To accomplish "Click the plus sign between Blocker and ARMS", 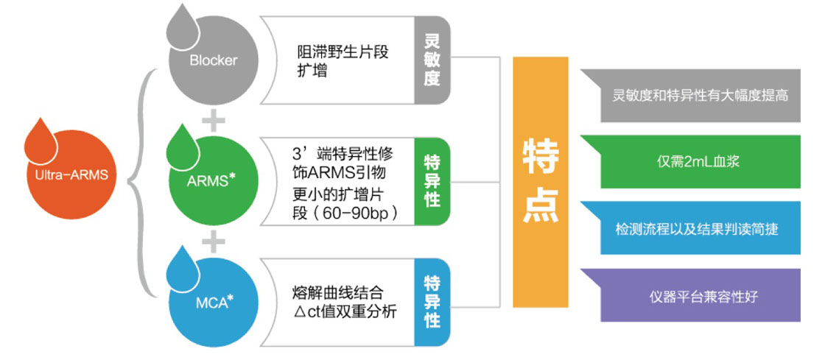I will (213, 120).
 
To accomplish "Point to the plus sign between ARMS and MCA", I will (213, 240).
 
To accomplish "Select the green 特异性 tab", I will (432, 181).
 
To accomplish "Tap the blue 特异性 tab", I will (432, 301).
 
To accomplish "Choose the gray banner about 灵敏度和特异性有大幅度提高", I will (690, 96).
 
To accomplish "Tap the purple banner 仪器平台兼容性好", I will (690, 295).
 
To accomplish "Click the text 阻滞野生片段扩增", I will (339, 62).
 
